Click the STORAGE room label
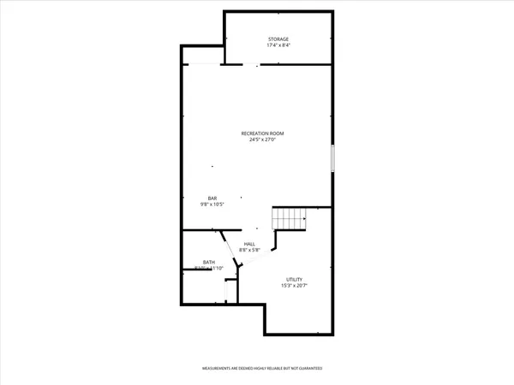(278, 39)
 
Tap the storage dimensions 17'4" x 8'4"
(278, 46)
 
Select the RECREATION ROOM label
(262, 133)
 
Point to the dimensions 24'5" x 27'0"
(262, 140)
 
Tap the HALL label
(250, 245)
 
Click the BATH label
(209, 262)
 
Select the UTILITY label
(294, 280)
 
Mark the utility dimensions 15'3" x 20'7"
(294, 287)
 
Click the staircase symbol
(290, 219)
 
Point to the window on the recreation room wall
(332, 159)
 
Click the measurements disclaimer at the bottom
(262, 369)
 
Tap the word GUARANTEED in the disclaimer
(308, 369)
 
